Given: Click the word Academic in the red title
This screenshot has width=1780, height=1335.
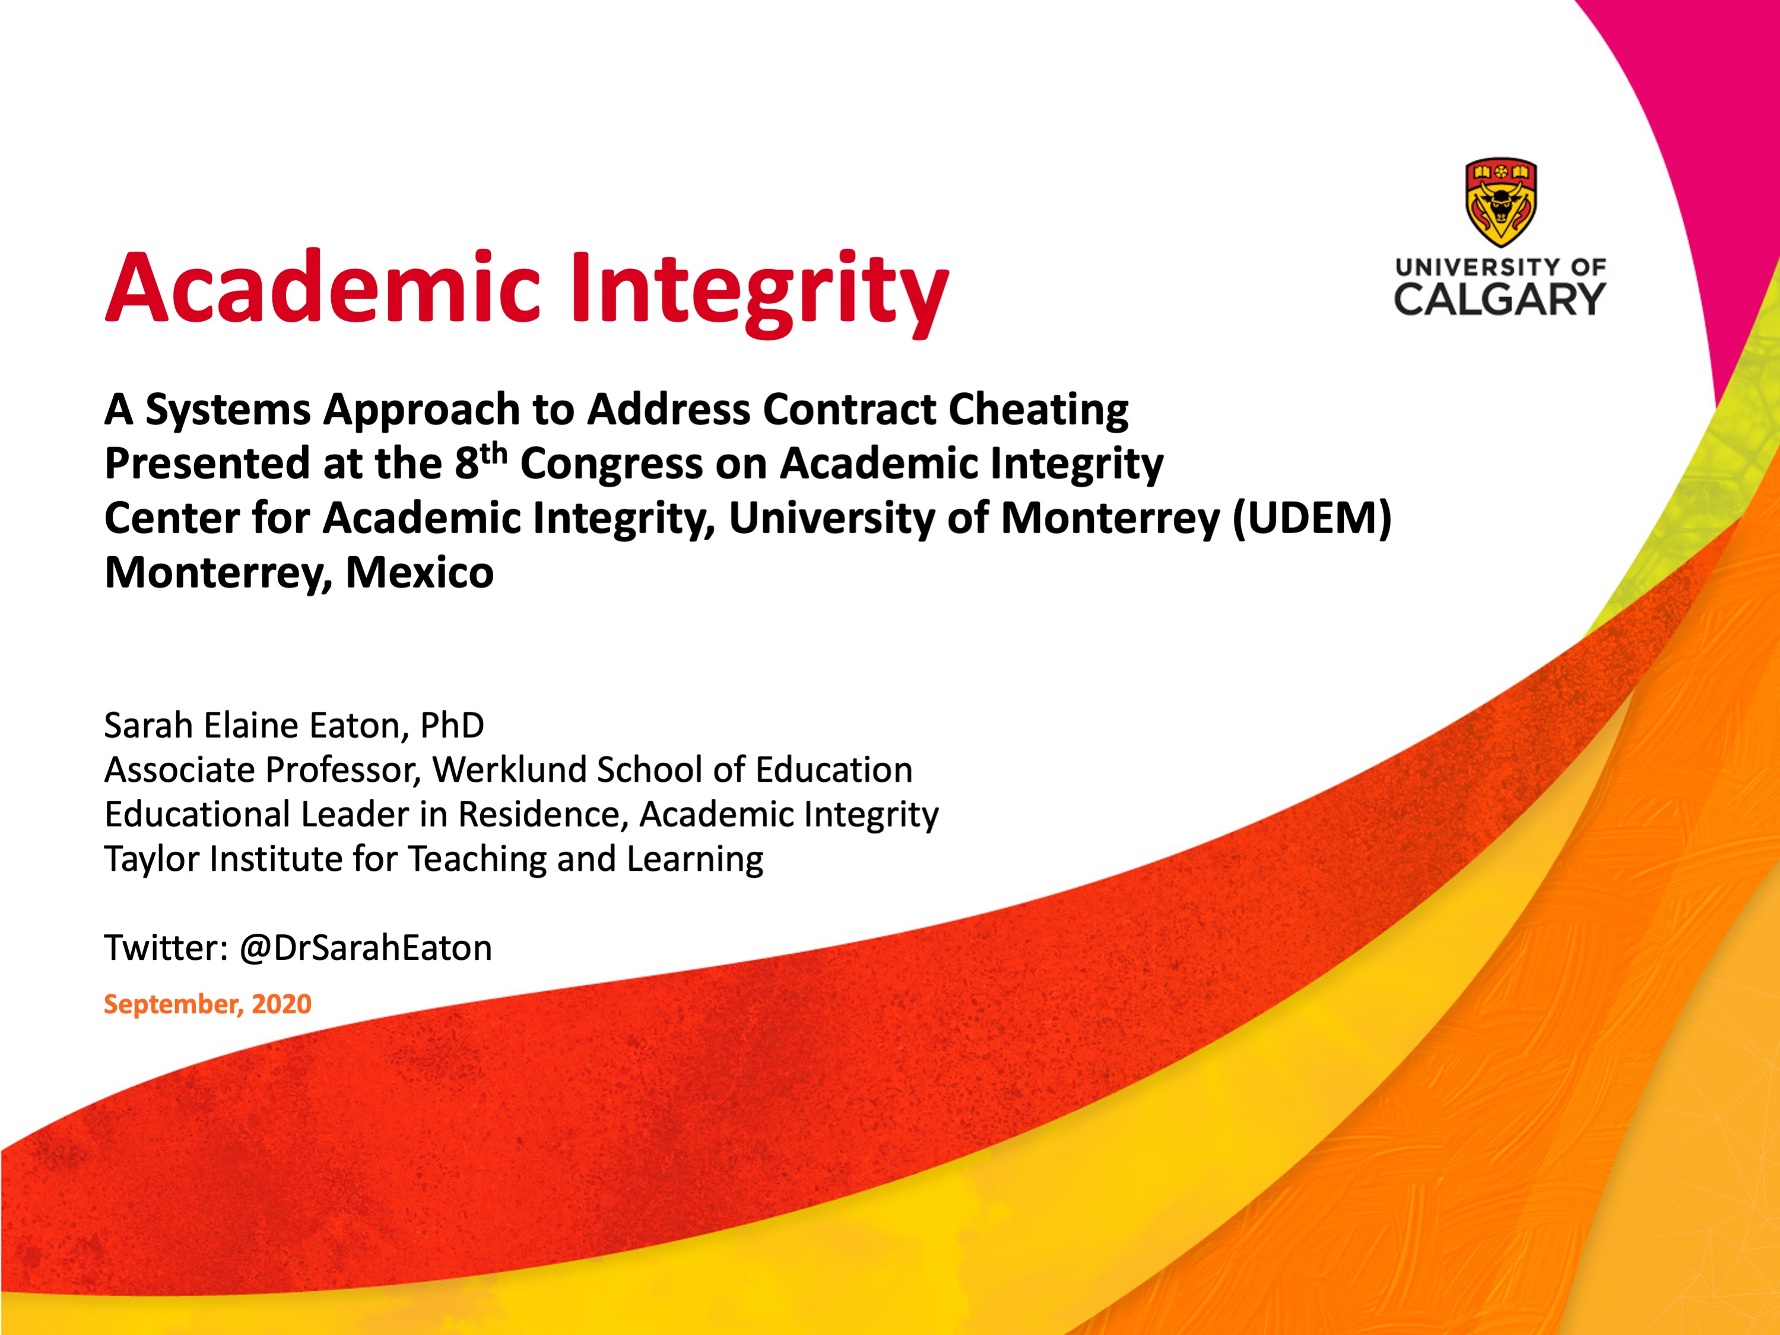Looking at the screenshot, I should click(x=322, y=287).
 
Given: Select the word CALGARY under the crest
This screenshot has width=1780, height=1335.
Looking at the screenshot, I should click(x=1500, y=299).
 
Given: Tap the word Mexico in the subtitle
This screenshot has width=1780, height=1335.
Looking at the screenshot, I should click(x=419, y=573).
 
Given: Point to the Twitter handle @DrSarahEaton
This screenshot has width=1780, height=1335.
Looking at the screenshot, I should click(x=366, y=948).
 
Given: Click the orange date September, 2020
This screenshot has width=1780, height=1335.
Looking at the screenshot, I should click(x=208, y=1004).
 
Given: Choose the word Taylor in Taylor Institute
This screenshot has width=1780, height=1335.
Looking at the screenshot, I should click(x=151, y=860).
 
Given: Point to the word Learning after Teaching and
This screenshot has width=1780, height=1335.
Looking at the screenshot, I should click(x=694, y=860).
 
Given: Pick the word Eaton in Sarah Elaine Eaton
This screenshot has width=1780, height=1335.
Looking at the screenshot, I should click(x=360, y=726).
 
